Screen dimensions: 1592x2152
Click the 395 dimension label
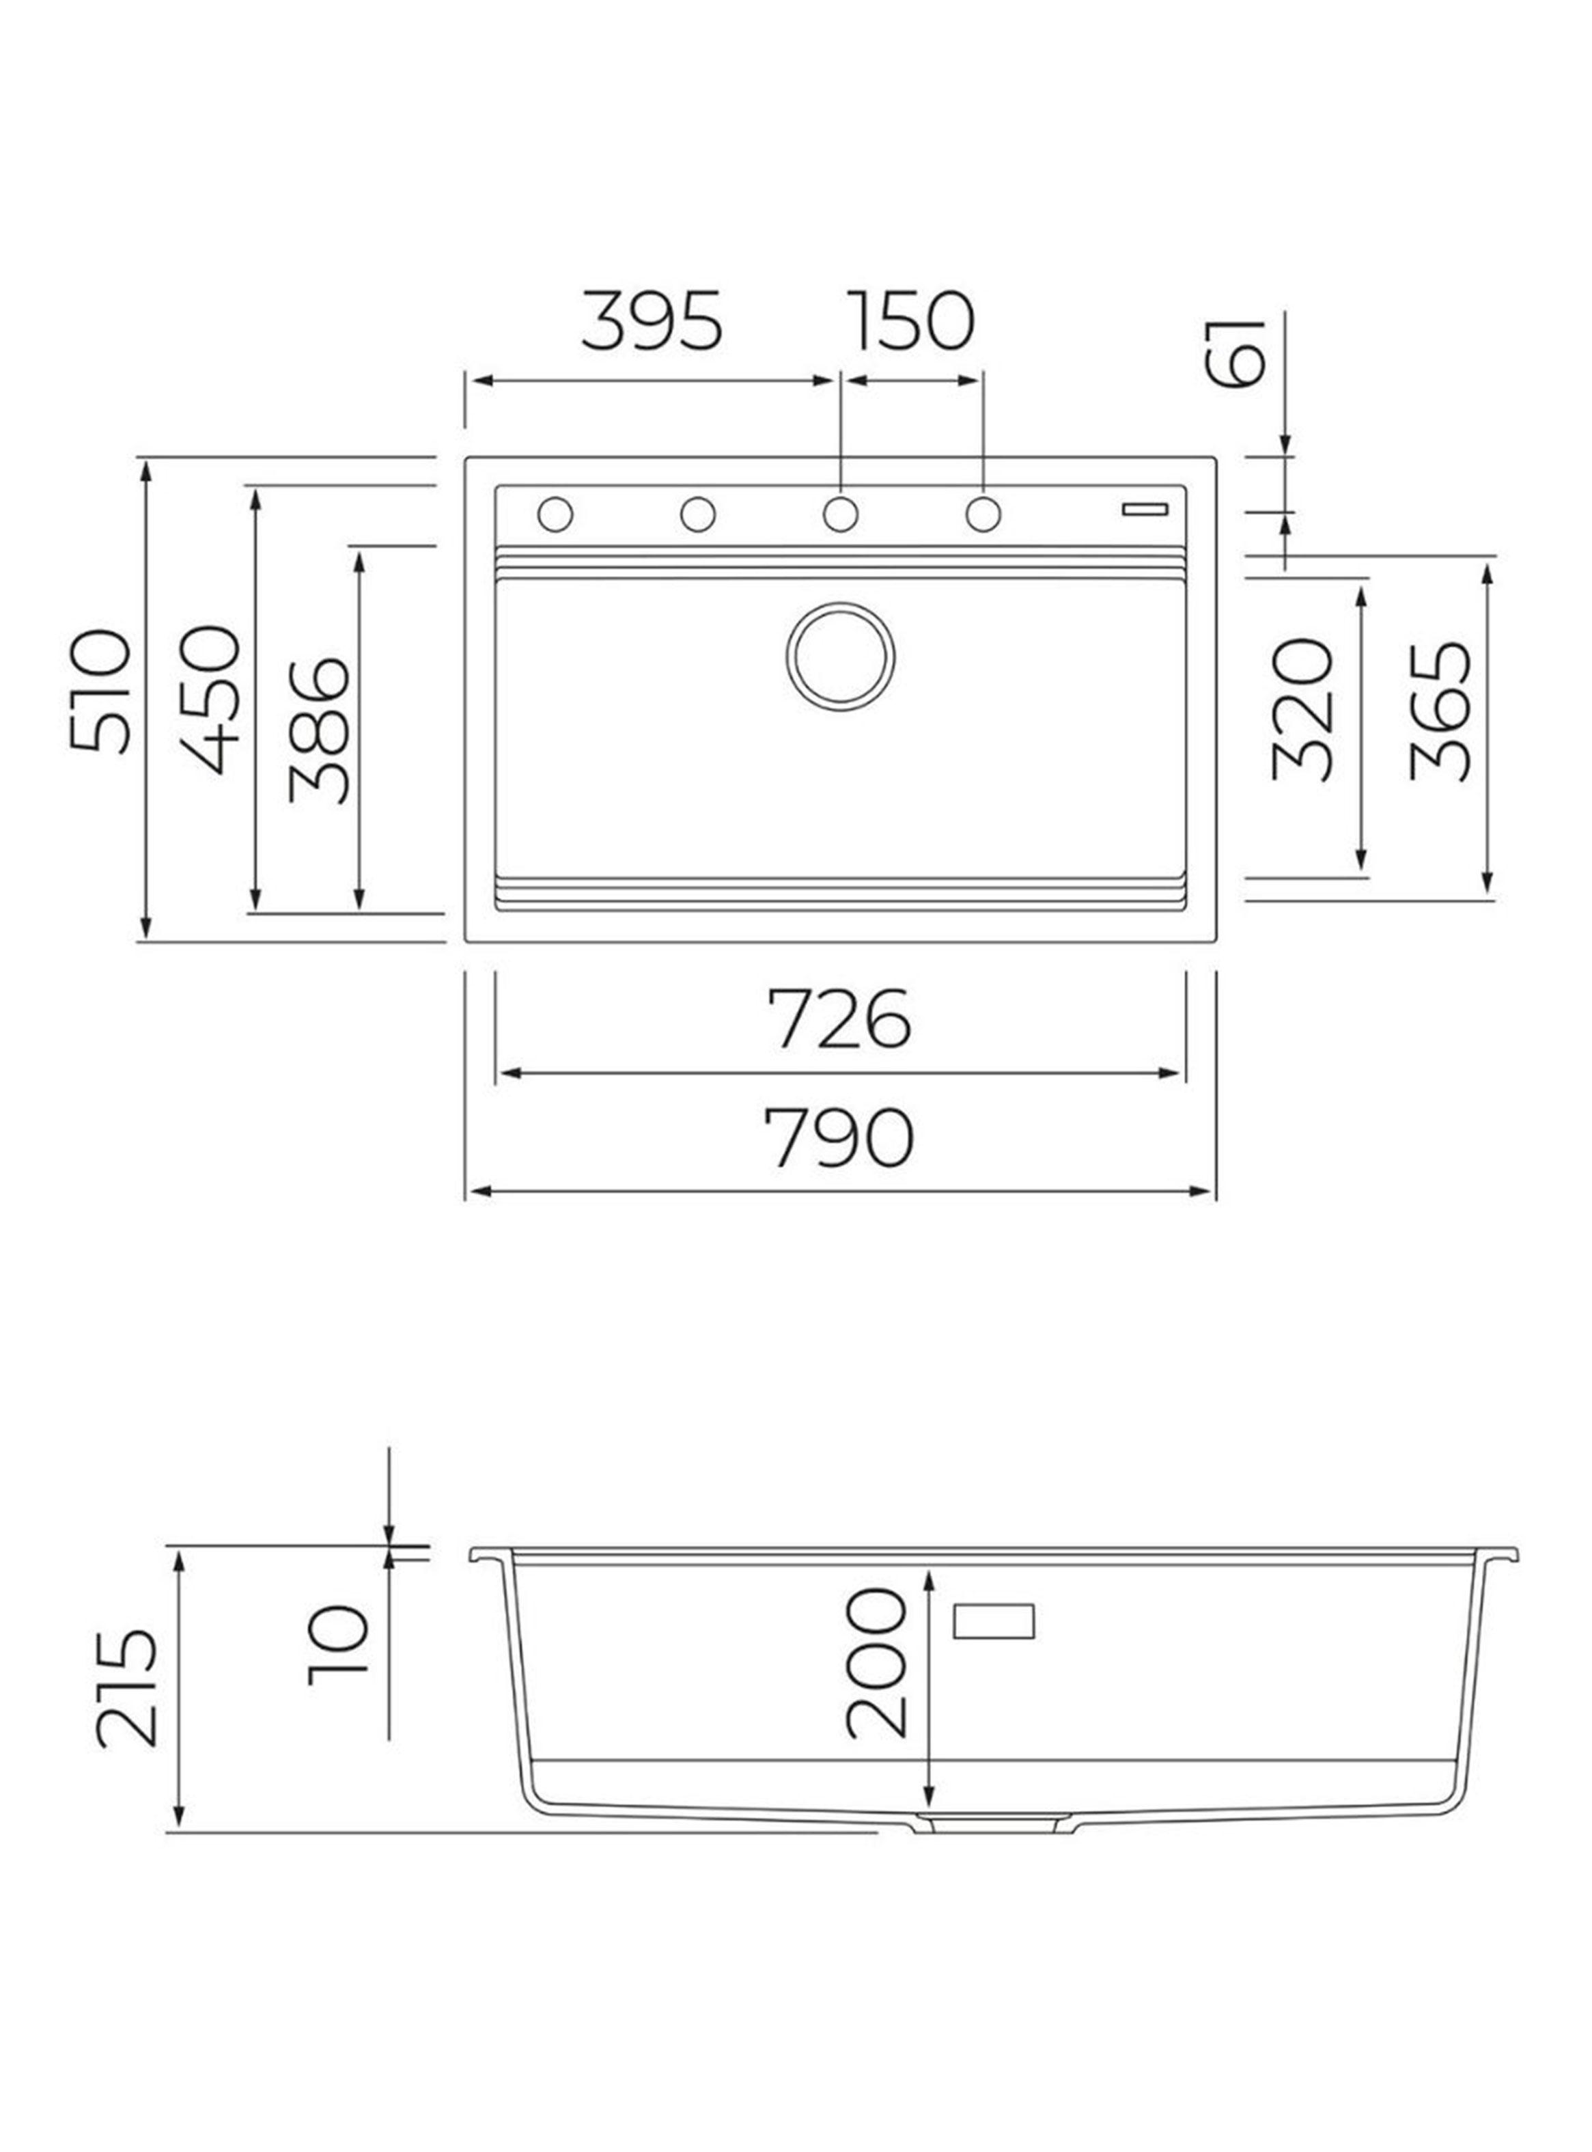pos(652,321)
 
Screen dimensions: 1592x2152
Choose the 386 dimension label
pos(318,730)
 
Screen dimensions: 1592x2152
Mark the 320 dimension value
pos(1303,709)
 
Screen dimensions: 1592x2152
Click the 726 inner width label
pos(839,1019)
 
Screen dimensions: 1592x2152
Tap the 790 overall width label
pos(839,1138)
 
